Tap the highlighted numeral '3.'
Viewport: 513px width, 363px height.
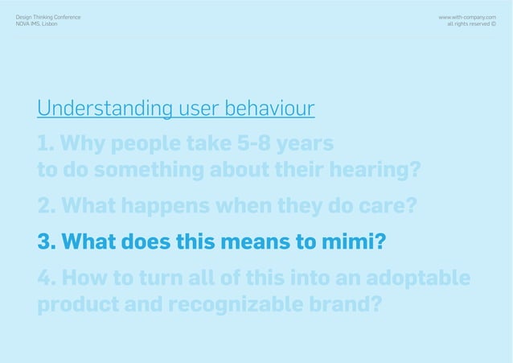click(47, 242)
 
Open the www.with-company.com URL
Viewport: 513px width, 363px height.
click(466, 16)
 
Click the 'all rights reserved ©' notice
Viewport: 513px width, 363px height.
click(471, 23)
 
